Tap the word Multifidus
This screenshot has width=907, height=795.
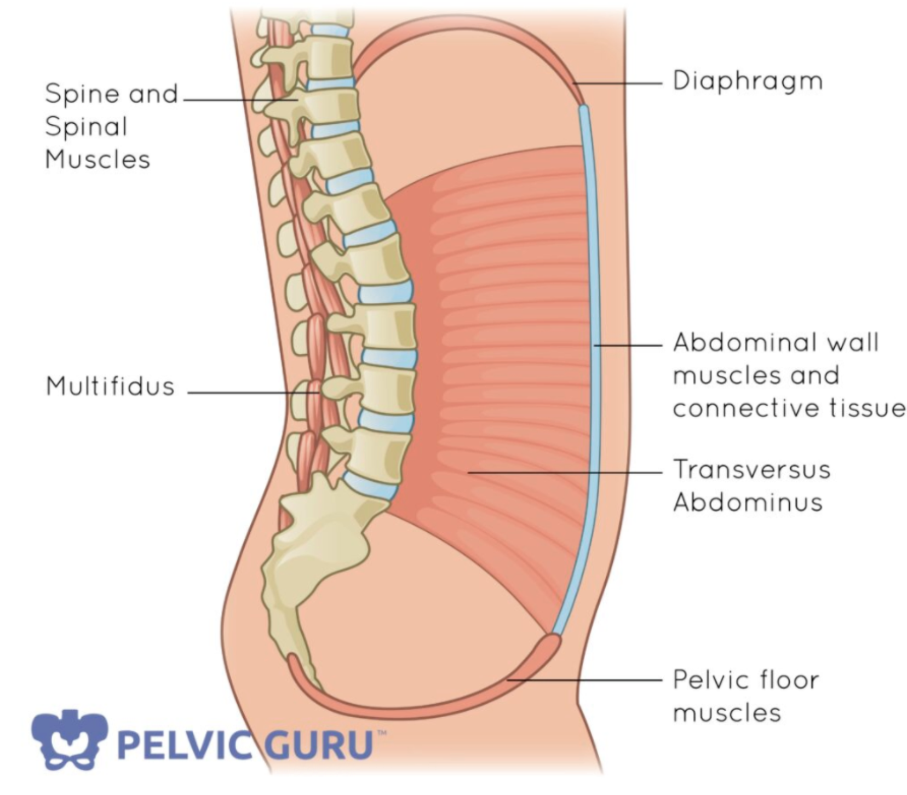(110, 386)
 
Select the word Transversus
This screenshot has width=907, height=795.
(751, 469)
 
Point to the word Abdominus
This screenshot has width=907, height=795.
(748, 502)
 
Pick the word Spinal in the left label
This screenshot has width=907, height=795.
(86, 127)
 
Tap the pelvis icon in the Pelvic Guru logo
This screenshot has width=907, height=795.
(68, 740)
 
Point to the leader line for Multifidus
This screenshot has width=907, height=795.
(246, 393)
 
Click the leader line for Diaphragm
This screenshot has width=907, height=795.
(619, 83)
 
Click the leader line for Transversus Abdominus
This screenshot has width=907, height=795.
(564, 472)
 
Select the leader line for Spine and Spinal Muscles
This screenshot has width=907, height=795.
(236, 100)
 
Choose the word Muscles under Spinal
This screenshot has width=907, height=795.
(97, 160)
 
